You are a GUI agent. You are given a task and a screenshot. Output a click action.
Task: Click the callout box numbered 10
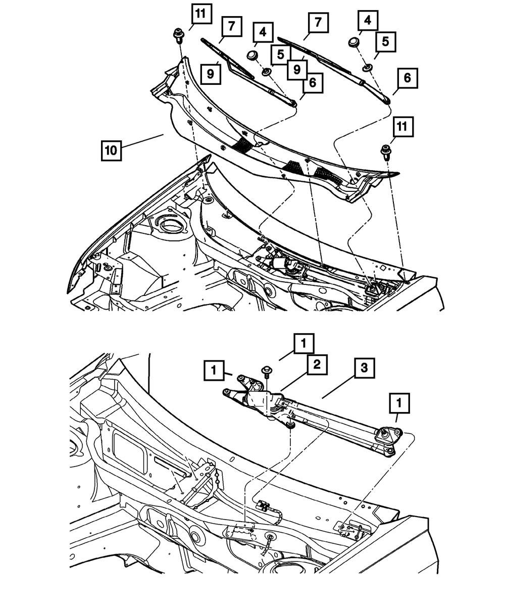pos(111,150)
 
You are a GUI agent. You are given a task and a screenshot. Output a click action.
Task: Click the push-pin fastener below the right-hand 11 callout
pos(387,150)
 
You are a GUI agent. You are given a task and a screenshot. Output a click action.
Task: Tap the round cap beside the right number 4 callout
pos(353,42)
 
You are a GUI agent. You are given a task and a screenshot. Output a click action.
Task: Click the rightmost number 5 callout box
pos(385,42)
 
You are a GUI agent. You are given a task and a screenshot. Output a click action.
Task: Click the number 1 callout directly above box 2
pos(304,345)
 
